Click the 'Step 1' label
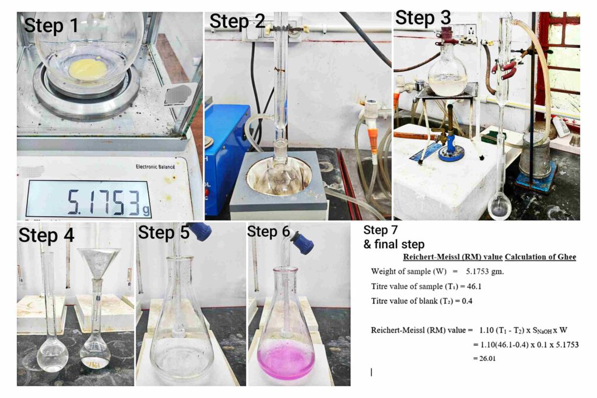(51, 26)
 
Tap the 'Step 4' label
(46, 235)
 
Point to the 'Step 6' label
(268, 231)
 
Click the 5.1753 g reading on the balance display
(108, 202)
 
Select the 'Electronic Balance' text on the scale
(155, 167)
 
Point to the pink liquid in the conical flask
(286, 360)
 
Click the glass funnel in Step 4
(99, 264)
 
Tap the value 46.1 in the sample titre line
(474, 286)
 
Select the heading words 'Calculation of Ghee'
(540, 257)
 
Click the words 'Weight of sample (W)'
(406, 272)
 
